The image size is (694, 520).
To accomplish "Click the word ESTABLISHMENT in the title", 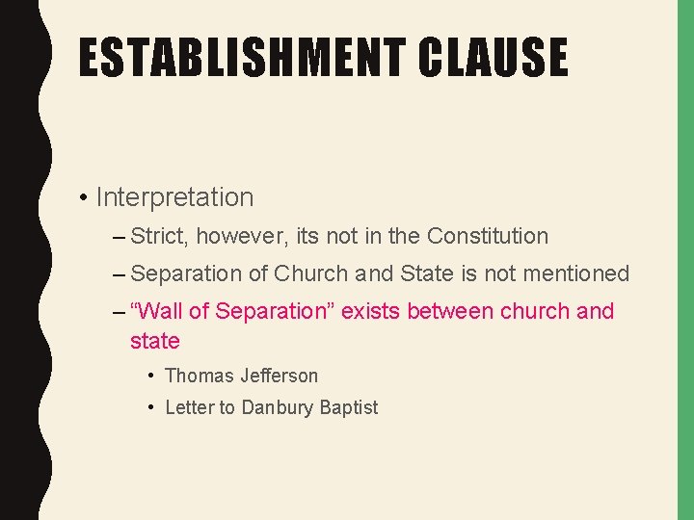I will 240,57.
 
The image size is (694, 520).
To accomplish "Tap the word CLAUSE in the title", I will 493,57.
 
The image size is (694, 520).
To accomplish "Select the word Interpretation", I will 174,197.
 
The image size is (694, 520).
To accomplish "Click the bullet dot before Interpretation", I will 86,198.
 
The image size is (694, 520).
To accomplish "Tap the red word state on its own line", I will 155,341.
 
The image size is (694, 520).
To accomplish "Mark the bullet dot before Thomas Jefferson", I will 152,376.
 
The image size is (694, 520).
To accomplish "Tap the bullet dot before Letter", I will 152,407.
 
